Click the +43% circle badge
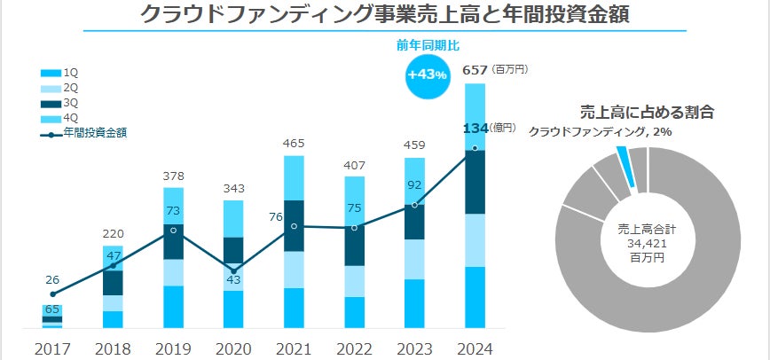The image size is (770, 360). tap(427, 75)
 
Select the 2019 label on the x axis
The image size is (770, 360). tap(174, 348)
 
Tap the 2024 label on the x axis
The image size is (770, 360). tap(475, 348)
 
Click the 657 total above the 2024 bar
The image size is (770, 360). tap(475, 69)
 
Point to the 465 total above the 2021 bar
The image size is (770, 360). tap(295, 143)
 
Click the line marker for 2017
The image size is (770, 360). tap(53, 293)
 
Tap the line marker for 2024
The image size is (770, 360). tap(475, 148)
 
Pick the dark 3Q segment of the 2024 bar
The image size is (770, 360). tap(475, 183)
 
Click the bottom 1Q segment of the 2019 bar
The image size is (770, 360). tap(174, 307)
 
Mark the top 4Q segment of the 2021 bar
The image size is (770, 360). tap(295, 178)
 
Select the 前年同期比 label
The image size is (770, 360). tap(427, 44)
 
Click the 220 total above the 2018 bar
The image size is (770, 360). tap(114, 234)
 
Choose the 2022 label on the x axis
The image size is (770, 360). tap(355, 348)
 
